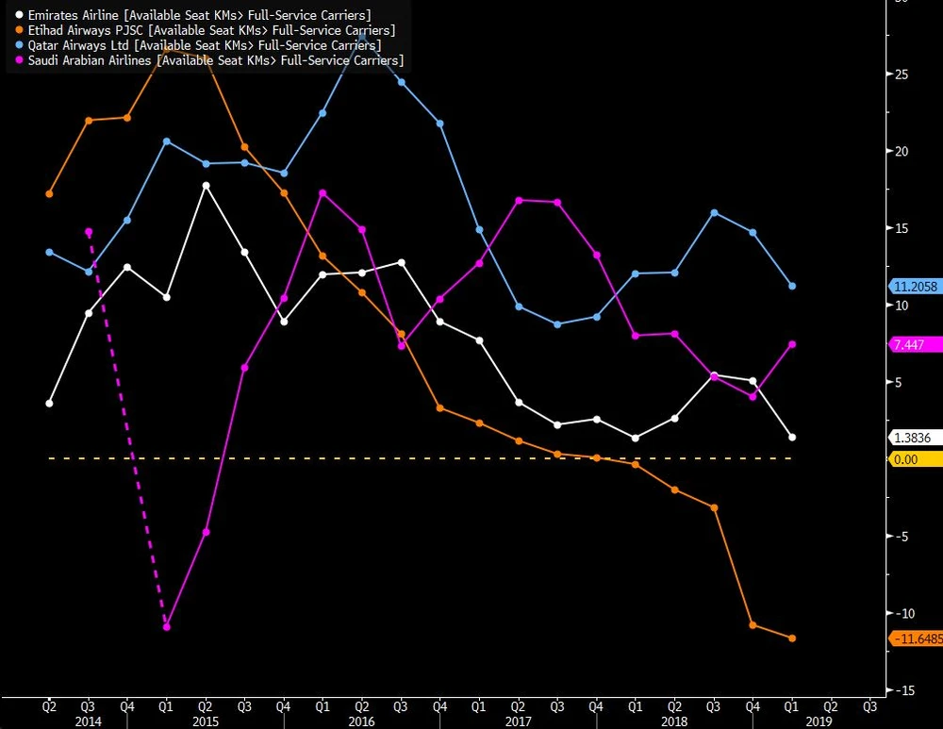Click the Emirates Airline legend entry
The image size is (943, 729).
189,16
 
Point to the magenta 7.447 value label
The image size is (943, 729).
909,345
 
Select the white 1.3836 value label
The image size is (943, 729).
912,438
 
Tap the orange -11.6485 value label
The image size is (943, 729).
917,638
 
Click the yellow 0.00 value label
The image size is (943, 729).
905,459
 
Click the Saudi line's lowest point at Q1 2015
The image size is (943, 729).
166,626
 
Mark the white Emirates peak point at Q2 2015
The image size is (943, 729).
206,186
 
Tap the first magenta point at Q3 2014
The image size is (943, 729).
89,231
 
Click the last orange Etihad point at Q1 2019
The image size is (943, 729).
792,638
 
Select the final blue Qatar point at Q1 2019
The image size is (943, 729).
792,286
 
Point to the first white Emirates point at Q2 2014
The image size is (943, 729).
49,404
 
